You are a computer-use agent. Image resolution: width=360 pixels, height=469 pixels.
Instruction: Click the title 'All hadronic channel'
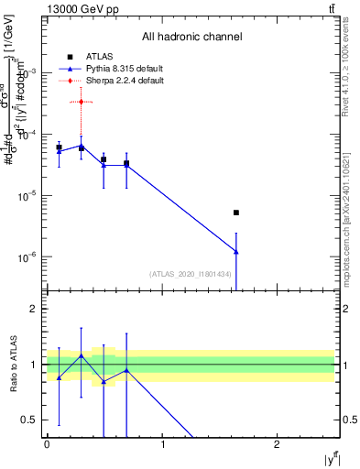(191, 38)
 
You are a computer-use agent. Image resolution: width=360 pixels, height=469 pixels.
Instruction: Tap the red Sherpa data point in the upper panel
(82, 102)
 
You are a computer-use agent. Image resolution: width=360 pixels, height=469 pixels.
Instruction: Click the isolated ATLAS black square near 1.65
(236, 213)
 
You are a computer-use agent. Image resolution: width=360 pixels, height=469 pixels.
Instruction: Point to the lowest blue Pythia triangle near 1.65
(236, 251)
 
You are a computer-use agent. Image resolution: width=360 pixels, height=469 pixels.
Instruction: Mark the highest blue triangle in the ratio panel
(82, 355)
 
